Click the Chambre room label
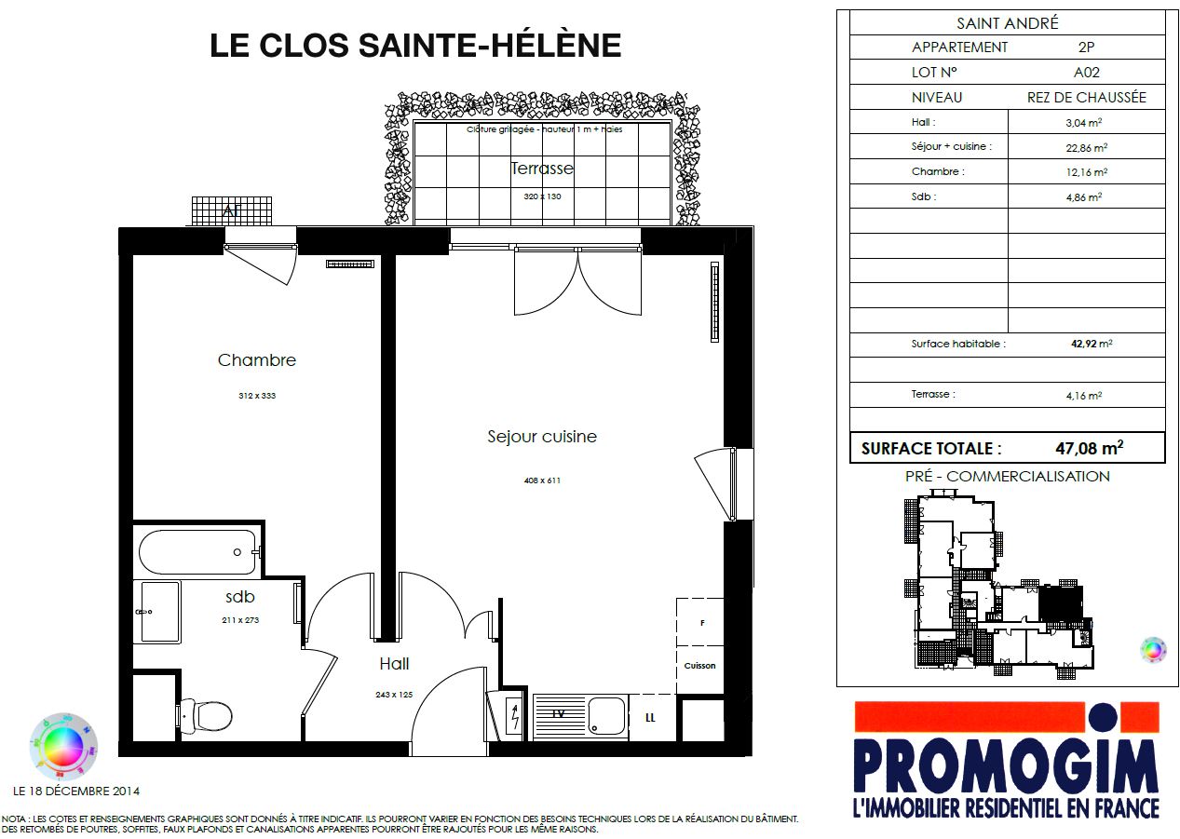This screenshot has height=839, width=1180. tap(256, 360)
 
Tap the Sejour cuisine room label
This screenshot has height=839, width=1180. tap(541, 437)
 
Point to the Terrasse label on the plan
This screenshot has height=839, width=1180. tap(542, 168)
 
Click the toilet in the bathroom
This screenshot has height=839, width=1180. tap(206, 716)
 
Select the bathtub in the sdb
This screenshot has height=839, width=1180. tap(198, 552)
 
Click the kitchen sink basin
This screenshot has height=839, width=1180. tap(606, 715)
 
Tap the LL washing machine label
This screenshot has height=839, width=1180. tap(650, 718)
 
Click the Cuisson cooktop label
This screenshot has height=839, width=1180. tap(699, 666)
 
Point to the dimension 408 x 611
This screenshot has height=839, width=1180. tap(542, 480)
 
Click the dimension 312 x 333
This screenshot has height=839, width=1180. tap(257, 396)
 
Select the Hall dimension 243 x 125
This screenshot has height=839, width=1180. tap(394, 695)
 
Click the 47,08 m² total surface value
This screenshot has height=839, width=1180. tap(1089, 448)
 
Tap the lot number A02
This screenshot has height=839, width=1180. tap(1087, 72)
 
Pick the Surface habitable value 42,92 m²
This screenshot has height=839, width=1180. tap(1092, 344)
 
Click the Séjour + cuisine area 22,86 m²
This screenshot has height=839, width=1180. tap(1086, 147)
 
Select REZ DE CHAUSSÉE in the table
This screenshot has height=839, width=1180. tap(1087, 98)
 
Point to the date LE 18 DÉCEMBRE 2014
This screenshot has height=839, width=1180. tap(76, 792)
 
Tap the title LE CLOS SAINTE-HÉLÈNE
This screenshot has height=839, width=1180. tap(415, 46)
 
